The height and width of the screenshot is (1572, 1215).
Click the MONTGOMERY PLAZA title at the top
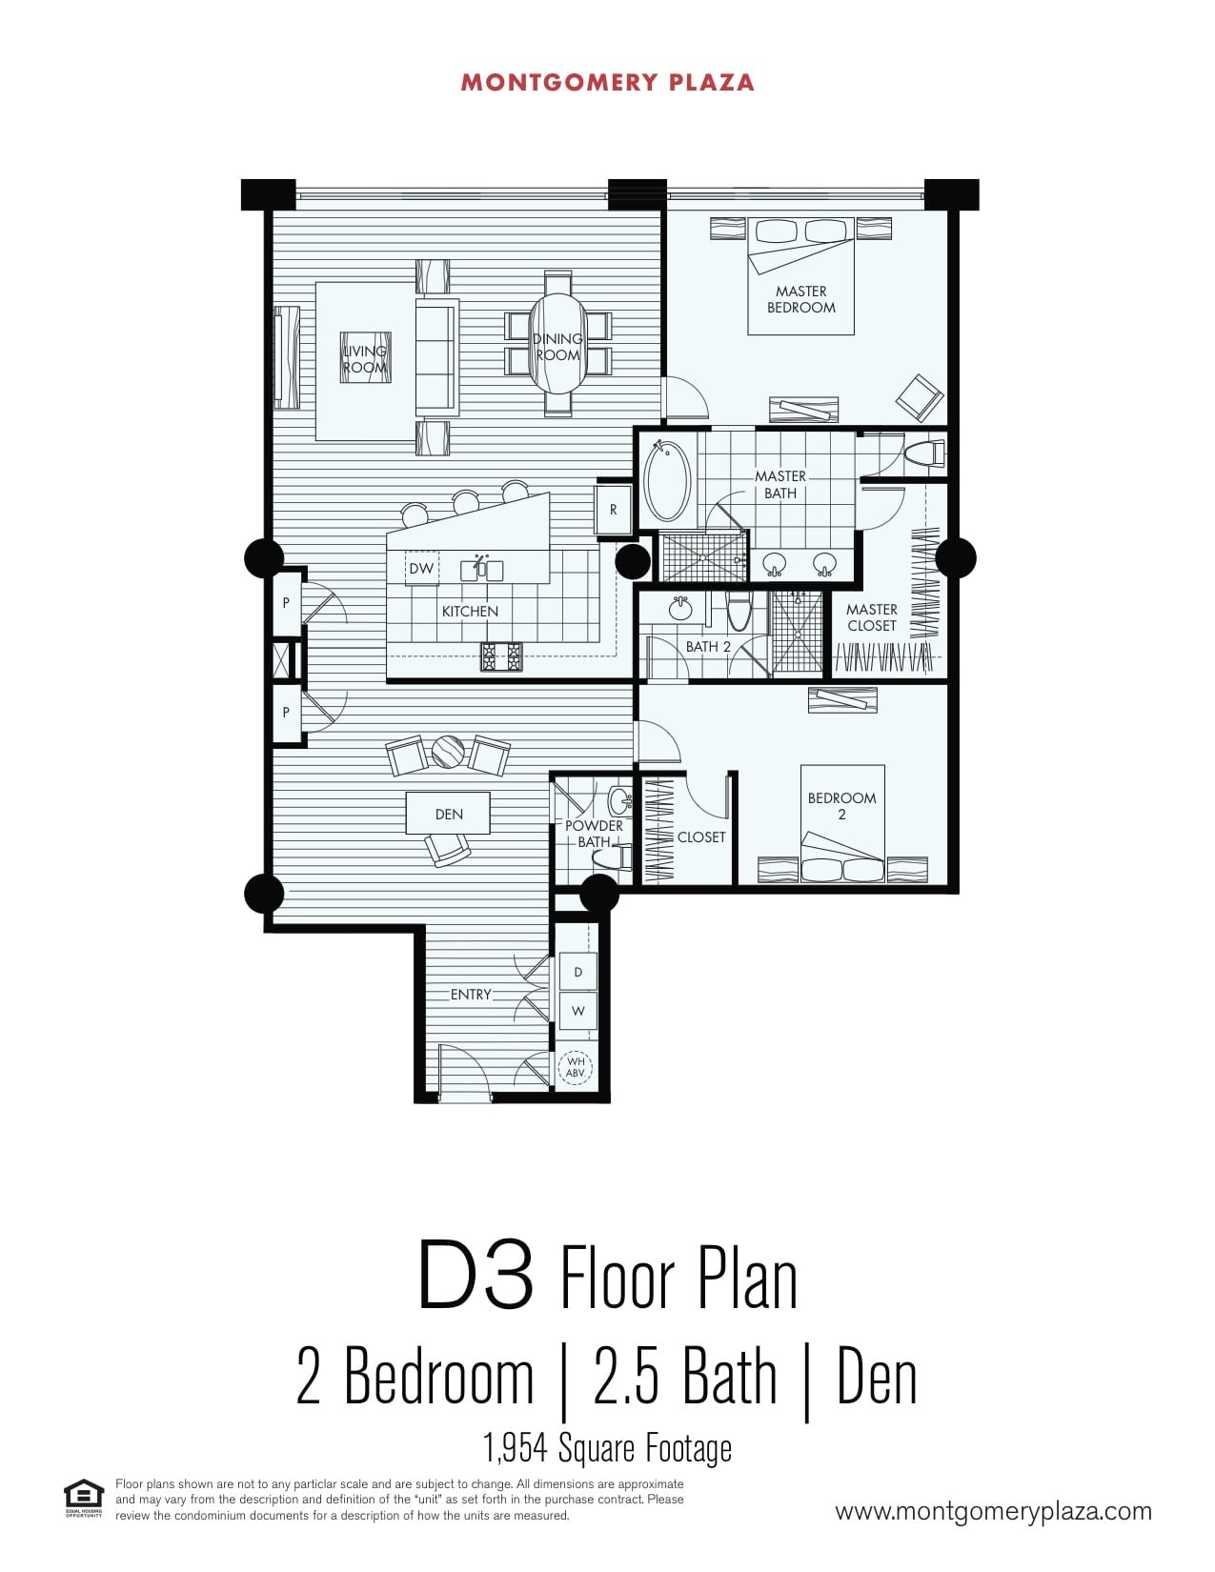[x=607, y=82]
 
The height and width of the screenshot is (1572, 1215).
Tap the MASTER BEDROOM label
[x=800, y=299]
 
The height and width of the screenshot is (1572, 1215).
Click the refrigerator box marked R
[x=613, y=510]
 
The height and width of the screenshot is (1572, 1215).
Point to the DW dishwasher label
[x=421, y=569]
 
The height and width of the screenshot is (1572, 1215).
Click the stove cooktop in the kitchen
[x=501, y=656]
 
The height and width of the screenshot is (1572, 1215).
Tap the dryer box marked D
[x=577, y=972]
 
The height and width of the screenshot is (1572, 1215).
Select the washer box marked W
[x=577, y=1011]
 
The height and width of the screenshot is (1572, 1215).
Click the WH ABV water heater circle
[x=576, y=1068]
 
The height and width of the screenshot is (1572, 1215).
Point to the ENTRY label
[x=471, y=995]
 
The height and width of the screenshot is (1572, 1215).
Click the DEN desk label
[x=449, y=814]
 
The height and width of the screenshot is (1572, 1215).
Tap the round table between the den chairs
[x=448, y=751]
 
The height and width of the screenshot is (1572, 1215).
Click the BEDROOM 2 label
[x=841, y=806]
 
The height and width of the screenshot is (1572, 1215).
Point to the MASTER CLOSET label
[x=871, y=617]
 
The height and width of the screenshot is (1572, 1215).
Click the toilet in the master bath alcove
[x=924, y=453]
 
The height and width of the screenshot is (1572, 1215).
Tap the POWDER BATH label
[x=594, y=834]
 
